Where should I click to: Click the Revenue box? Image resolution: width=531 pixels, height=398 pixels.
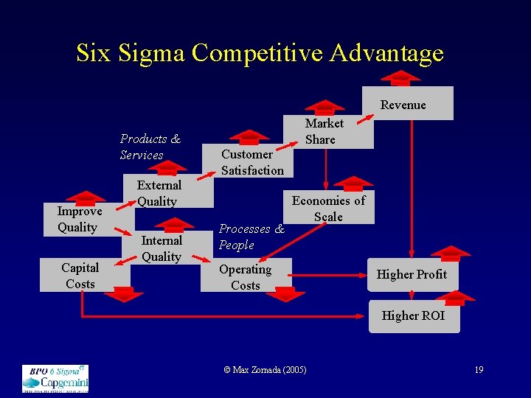(408, 104)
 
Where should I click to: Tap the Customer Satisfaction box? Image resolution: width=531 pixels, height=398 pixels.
(251, 162)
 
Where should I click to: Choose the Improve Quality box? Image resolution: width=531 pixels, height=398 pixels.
(80, 219)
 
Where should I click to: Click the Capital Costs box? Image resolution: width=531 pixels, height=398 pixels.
(80, 276)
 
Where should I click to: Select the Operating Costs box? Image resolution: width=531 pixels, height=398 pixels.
(246, 276)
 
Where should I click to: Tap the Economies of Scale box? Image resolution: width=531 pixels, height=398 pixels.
(329, 208)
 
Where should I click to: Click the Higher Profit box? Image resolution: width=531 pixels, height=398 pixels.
(412, 275)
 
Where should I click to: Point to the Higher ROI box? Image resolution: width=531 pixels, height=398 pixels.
(413, 316)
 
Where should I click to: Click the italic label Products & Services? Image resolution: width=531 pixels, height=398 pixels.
(150, 147)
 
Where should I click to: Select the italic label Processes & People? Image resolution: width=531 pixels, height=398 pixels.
(251, 237)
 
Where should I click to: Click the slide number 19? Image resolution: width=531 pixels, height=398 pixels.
(479, 369)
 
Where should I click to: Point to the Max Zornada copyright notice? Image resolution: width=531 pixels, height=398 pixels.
(265, 369)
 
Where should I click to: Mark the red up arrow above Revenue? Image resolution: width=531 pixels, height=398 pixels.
(400, 77)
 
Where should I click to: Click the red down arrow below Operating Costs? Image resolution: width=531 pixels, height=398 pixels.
(285, 294)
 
